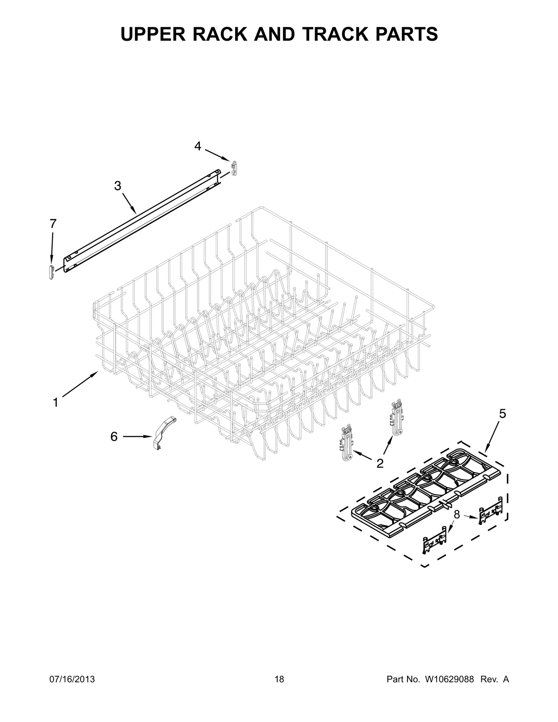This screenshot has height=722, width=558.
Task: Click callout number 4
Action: (198, 146)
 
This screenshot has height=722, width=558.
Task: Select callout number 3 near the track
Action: (118, 186)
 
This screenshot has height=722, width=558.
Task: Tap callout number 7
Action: (53, 223)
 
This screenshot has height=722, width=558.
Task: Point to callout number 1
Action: (55, 403)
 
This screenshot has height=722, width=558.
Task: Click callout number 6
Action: (114, 436)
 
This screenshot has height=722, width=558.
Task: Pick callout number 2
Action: (380, 463)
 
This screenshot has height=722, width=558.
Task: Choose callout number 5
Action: (502, 414)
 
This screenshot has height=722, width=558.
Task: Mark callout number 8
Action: (457, 514)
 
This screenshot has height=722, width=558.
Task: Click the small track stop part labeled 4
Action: (234, 168)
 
